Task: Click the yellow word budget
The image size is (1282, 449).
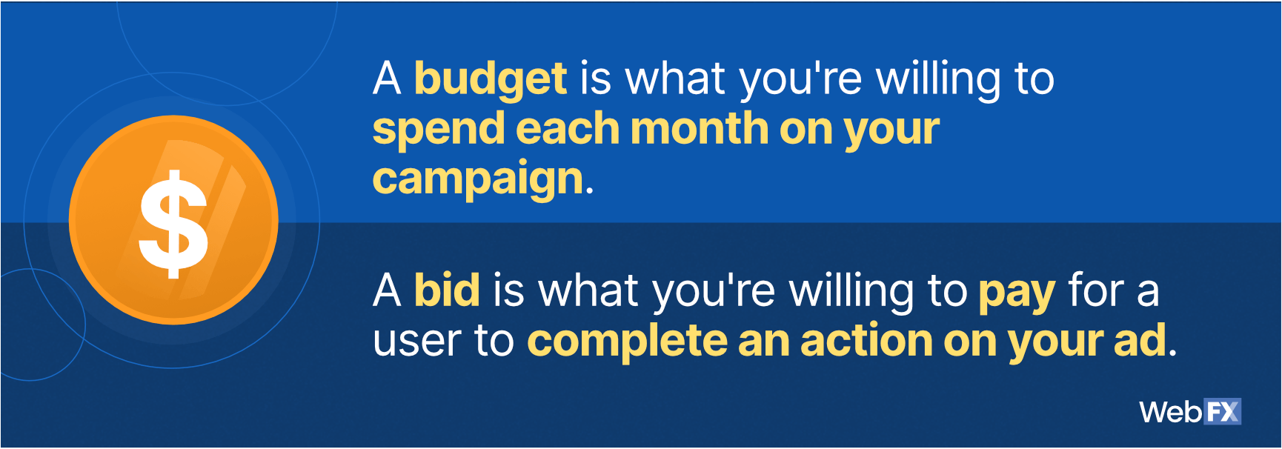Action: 491,79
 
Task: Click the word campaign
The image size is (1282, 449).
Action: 479,179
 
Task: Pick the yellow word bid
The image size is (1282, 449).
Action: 447,290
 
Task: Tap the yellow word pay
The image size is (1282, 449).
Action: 1017,293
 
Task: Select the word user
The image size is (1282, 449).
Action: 416,342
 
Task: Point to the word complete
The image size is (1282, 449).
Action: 626,342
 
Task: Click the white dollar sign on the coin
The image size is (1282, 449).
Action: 173,224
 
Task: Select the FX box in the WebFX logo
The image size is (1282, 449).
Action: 1223,411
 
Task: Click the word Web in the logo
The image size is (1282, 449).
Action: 1171,412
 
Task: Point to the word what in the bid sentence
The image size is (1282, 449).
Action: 587,290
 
